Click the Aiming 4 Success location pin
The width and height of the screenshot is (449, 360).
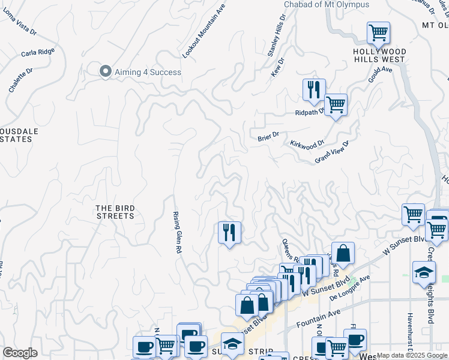pyautogui.click(x=106, y=71)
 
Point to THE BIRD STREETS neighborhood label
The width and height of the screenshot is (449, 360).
pyautogui.click(x=115, y=212)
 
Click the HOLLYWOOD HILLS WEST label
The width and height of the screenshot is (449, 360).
pyautogui.click(x=379, y=56)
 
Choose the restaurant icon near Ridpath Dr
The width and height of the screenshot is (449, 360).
pyautogui.click(x=314, y=89)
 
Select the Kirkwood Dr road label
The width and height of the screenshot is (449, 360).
pyautogui.click(x=307, y=144)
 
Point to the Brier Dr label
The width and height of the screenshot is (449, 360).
pyautogui.click(x=268, y=136)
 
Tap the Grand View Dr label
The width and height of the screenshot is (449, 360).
pyautogui.click(x=332, y=152)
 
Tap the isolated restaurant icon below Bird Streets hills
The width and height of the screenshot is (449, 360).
pyautogui.click(x=229, y=232)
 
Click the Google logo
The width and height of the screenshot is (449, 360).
pyautogui.click(x=20, y=353)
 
